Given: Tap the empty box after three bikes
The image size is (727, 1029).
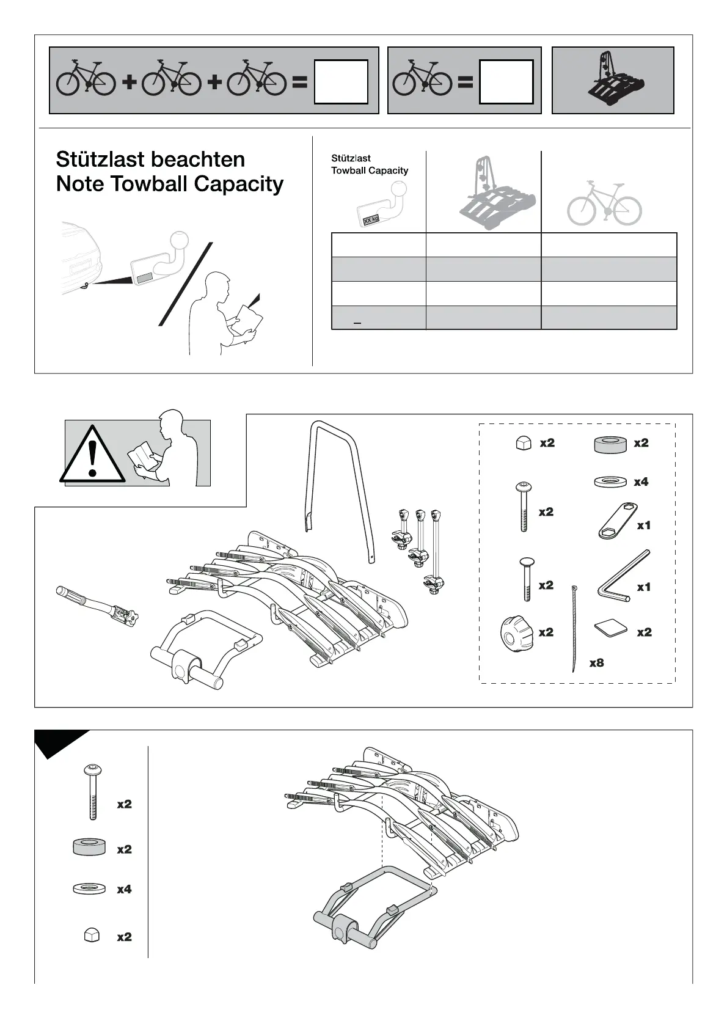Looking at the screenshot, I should coord(341,82).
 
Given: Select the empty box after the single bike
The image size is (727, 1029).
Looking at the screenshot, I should coord(506,82).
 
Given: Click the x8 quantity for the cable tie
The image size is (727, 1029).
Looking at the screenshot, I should coord(596,662).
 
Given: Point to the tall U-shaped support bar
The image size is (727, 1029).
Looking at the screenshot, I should coord(338,483).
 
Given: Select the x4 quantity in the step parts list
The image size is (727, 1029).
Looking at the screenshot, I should coord(124,889).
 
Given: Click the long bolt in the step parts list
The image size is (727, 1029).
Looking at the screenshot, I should coord(90,791).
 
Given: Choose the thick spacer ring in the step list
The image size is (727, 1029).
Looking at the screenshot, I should coord(89,848).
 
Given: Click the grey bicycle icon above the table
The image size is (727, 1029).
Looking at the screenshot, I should coord(604,202).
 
